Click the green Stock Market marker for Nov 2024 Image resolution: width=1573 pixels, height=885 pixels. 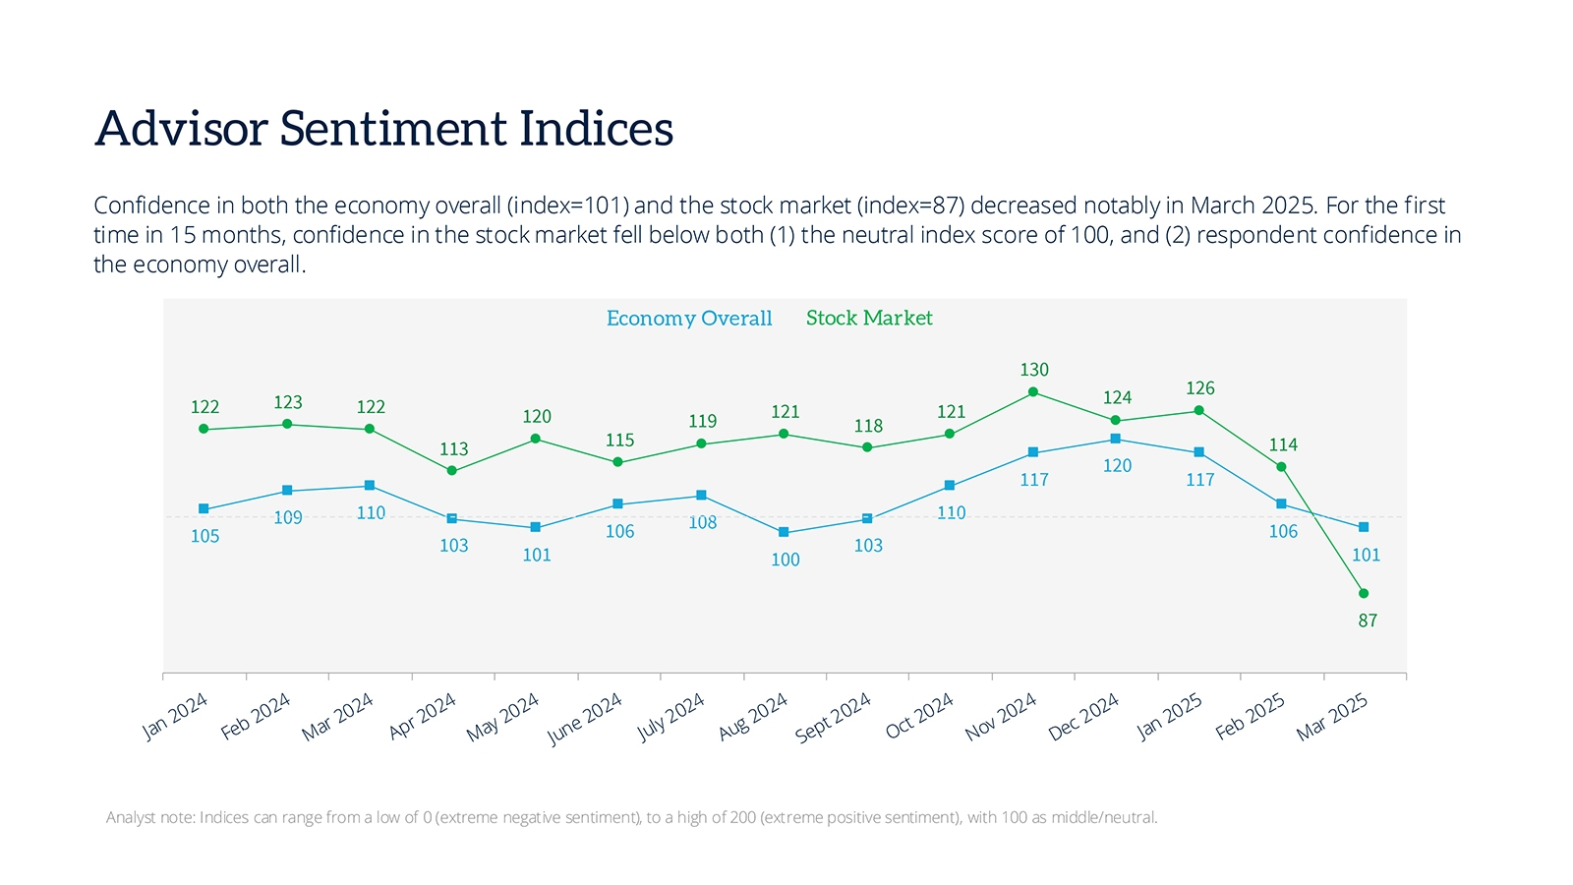pos(1032,392)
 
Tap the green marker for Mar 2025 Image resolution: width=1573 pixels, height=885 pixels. pos(1364,593)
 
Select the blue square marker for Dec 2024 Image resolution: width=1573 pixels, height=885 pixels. pos(1115,439)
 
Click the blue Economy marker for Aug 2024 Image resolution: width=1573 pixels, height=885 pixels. pos(784,532)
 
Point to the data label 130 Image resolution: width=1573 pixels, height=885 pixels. pos(1034,370)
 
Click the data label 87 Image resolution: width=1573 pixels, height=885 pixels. pos(1368,620)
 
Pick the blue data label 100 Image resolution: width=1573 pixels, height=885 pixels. pos(785,560)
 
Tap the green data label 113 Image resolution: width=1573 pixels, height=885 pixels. pos(453,449)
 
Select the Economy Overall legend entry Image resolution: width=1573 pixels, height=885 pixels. pos(689,319)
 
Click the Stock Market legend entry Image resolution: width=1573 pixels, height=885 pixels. pos(869,318)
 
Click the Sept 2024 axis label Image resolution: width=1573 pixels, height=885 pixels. pos(834,716)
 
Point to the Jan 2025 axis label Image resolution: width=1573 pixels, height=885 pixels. pos(1169,716)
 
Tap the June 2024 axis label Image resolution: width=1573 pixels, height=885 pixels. pos(585,718)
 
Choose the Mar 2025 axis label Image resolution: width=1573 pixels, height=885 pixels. pos(1332,716)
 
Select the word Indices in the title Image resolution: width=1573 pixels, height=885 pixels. pos(596,129)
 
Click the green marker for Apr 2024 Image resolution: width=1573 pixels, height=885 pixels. pos(452,471)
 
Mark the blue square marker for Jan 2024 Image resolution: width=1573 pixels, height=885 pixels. pos(204,508)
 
